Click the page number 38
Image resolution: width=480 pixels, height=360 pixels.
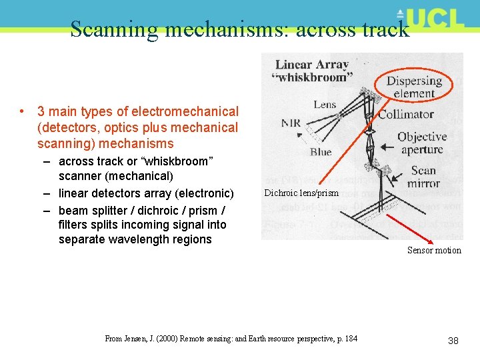tap(453, 341)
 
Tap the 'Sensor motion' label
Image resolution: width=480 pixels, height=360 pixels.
tap(434, 250)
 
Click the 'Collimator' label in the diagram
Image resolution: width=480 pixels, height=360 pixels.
tap(406, 114)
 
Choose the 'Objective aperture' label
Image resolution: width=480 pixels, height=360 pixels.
tap(422, 143)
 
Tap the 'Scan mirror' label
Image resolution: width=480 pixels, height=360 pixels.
tap(423, 176)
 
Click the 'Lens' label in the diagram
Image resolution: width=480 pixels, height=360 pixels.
tap(325, 104)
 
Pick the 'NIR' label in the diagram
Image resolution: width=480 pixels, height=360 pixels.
tap(291, 123)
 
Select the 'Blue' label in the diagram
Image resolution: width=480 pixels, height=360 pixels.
tap(321, 152)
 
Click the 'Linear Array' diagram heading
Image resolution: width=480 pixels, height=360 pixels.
tap(312, 65)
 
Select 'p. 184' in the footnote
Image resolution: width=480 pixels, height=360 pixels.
tap(344, 339)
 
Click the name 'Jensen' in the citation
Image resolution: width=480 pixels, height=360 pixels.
tap(137, 339)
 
